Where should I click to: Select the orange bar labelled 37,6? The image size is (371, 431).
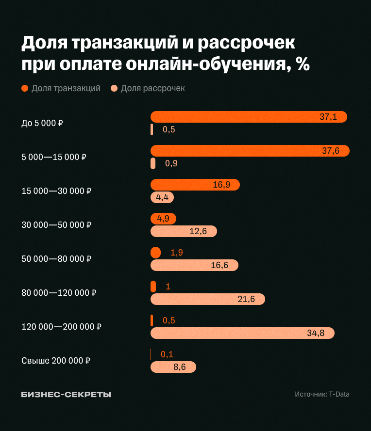[250, 151]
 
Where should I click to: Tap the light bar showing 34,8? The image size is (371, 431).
[243, 333]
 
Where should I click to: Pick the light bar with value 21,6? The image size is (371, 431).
[208, 299]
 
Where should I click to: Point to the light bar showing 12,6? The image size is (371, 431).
[184, 231]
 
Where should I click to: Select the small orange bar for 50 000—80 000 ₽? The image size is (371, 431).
[155, 253]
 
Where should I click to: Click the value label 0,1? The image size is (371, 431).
[167, 354]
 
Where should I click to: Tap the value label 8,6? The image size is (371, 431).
[180, 367]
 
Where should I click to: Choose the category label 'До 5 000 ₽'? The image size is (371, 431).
[43, 123]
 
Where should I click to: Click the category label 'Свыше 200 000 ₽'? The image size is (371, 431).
[56, 361]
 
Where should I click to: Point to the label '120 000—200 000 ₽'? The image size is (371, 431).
[62, 327]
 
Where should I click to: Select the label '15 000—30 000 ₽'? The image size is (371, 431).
[57, 191]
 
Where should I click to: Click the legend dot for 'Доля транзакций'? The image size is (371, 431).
[25, 88]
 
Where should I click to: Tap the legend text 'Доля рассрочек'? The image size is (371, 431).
[153, 88]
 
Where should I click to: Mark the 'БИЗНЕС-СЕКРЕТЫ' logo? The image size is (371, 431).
[66, 394]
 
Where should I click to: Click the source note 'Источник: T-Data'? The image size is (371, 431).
[322, 394]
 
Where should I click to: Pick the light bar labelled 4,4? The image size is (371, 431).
[162, 197]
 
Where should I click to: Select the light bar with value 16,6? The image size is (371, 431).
[194, 265]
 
